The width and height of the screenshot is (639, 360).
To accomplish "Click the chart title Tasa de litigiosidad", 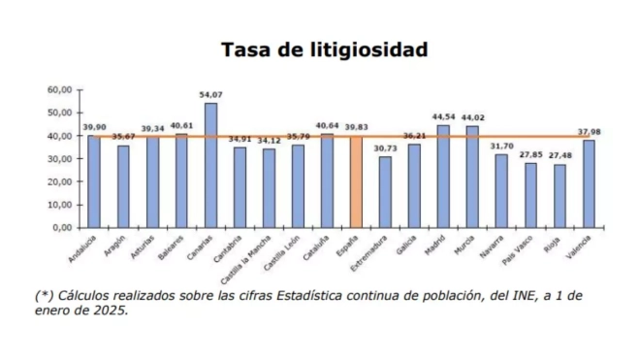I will pyautogui.click(x=324, y=49).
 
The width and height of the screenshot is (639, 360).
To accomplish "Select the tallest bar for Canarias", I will pyautogui.click(x=210, y=165).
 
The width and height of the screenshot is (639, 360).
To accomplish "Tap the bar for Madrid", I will pyautogui.click(x=443, y=176).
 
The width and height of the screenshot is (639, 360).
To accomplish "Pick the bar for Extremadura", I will pyautogui.click(x=385, y=191).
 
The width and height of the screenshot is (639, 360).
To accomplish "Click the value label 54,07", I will pyautogui.click(x=210, y=94).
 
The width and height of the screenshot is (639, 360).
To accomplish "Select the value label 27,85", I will pyautogui.click(x=531, y=154).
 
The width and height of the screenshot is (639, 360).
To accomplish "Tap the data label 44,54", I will pyautogui.click(x=443, y=116).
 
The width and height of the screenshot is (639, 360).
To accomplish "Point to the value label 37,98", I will pyautogui.click(x=589, y=132).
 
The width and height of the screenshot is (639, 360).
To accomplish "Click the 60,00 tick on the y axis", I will pyautogui.click(x=60, y=89).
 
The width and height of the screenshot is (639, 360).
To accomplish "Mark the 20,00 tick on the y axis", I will pyautogui.click(x=60, y=181).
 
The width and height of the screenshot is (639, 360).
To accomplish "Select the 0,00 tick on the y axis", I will pyautogui.click(x=63, y=227).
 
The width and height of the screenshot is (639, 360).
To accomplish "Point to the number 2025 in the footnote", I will pyautogui.click(x=110, y=311).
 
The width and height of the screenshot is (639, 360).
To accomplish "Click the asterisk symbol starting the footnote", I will pyautogui.click(x=43, y=295).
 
